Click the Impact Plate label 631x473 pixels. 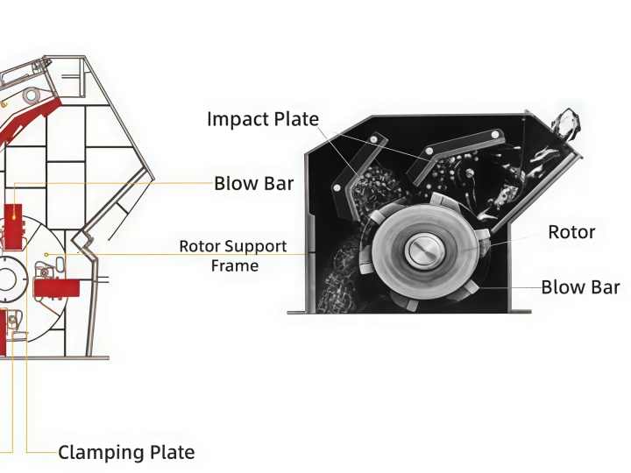click(263, 119)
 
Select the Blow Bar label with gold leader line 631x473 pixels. click(254, 183)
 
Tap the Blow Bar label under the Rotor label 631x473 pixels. click(580, 287)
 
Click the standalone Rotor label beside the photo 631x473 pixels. click(571, 232)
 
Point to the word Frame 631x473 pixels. click(235, 266)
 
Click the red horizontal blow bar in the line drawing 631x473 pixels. click(56, 288)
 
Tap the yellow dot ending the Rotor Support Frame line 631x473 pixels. click(46, 255)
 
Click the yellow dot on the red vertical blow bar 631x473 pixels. click(14, 217)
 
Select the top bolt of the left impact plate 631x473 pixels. click(374, 139)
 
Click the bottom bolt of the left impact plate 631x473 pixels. click(337, 187)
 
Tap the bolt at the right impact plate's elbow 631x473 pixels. click(429, 152)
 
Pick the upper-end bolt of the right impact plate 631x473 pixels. click(496, 135)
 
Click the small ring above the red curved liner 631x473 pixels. click(31, 95)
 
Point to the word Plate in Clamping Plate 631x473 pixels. click(173, 453)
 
